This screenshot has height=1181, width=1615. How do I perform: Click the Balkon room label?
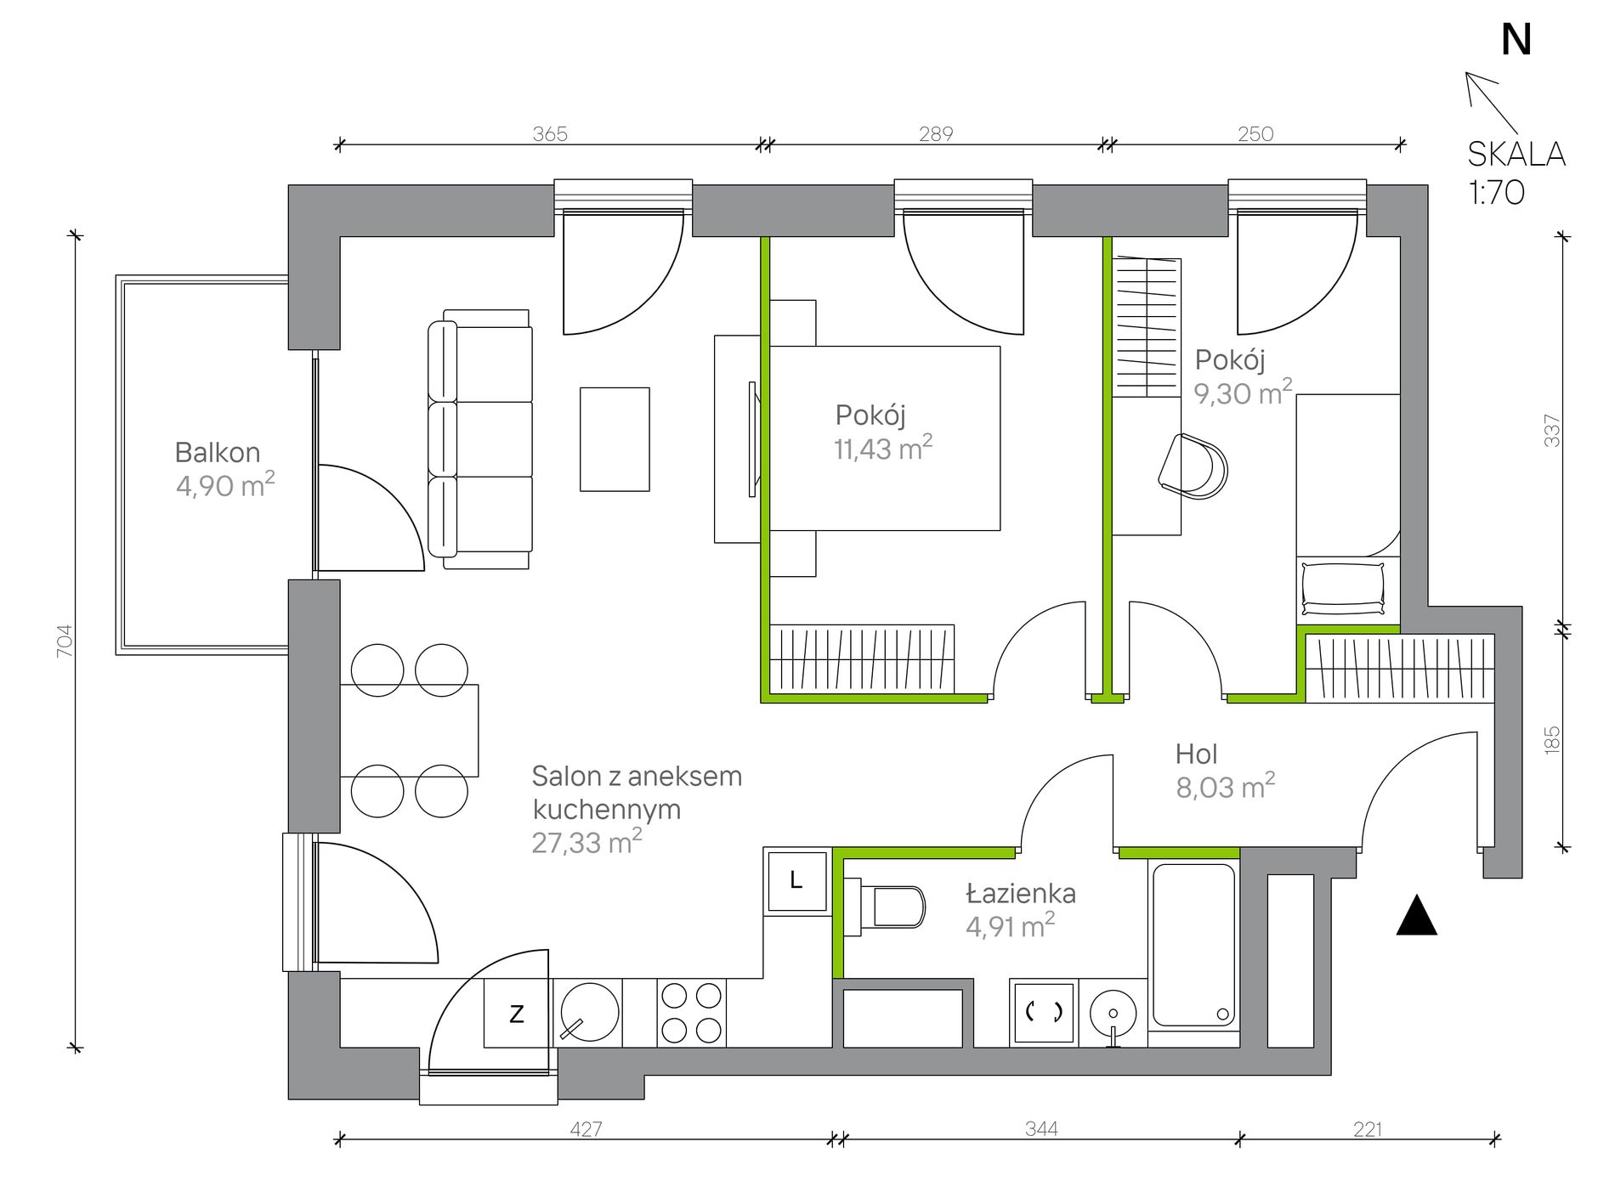(x=218, y=452)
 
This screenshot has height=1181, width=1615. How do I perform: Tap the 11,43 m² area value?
(x=883, y=447)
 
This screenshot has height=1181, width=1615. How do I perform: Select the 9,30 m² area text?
(x=1244, y=392)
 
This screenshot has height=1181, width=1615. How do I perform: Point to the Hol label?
(x=1196, y=754)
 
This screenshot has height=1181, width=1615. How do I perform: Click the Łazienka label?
(x=1021, y=893)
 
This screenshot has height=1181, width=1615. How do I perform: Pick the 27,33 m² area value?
(x=586, y=841)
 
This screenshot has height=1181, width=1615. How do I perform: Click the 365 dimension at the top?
(x=550, y=133)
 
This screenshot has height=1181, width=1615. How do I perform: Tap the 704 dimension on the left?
(x=65, y=641)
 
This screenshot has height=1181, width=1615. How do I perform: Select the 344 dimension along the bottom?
(x=1041, y=1128)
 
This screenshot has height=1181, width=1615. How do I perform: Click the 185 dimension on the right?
(x=1552, y=739)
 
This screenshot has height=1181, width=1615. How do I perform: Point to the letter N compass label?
(x=1516, y=39)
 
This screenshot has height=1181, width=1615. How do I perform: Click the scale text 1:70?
(x=1497, y=192)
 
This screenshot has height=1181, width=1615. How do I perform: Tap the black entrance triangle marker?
(x=1417, y=915)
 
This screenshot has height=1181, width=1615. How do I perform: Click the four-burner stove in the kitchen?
(x=691, y=1013)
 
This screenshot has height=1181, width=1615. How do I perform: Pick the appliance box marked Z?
(x=517, y=1013)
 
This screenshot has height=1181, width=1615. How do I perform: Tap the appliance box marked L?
(x=796, y=880)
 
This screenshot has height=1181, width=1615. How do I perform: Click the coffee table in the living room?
(x=615, y=439)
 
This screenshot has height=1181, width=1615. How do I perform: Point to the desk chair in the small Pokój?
(x=1193, y=466)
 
